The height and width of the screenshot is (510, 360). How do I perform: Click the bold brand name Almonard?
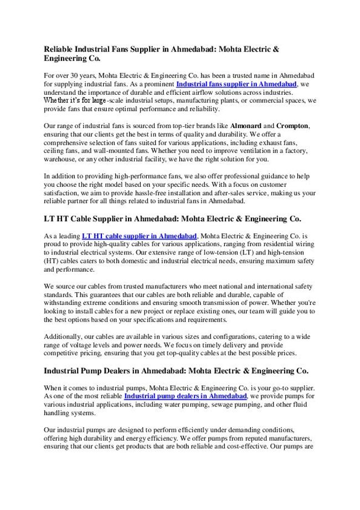pos(244,126)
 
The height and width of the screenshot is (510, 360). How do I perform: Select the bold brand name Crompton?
pos(292,126)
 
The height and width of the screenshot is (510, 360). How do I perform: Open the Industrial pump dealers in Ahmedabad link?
pos(185,397)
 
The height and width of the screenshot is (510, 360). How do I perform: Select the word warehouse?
pos(61,160)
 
